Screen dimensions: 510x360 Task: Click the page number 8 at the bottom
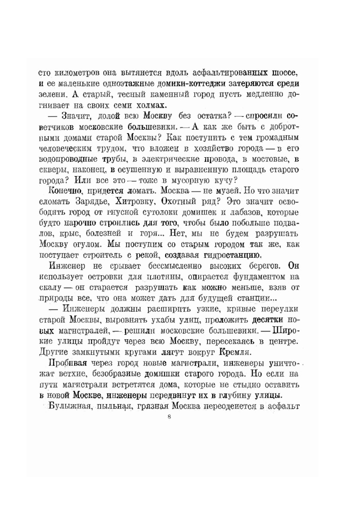click(171, 418)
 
